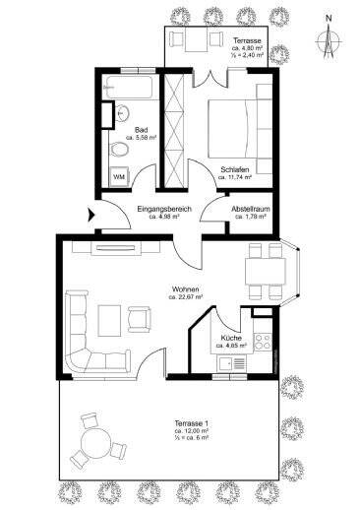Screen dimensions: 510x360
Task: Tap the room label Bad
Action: [142, 130]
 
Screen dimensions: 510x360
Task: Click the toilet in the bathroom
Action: [118, 149]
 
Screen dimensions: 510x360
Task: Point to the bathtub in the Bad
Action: [128, 93]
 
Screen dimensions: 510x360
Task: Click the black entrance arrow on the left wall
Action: [92, 212]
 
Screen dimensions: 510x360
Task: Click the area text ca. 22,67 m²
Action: [186, 295]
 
